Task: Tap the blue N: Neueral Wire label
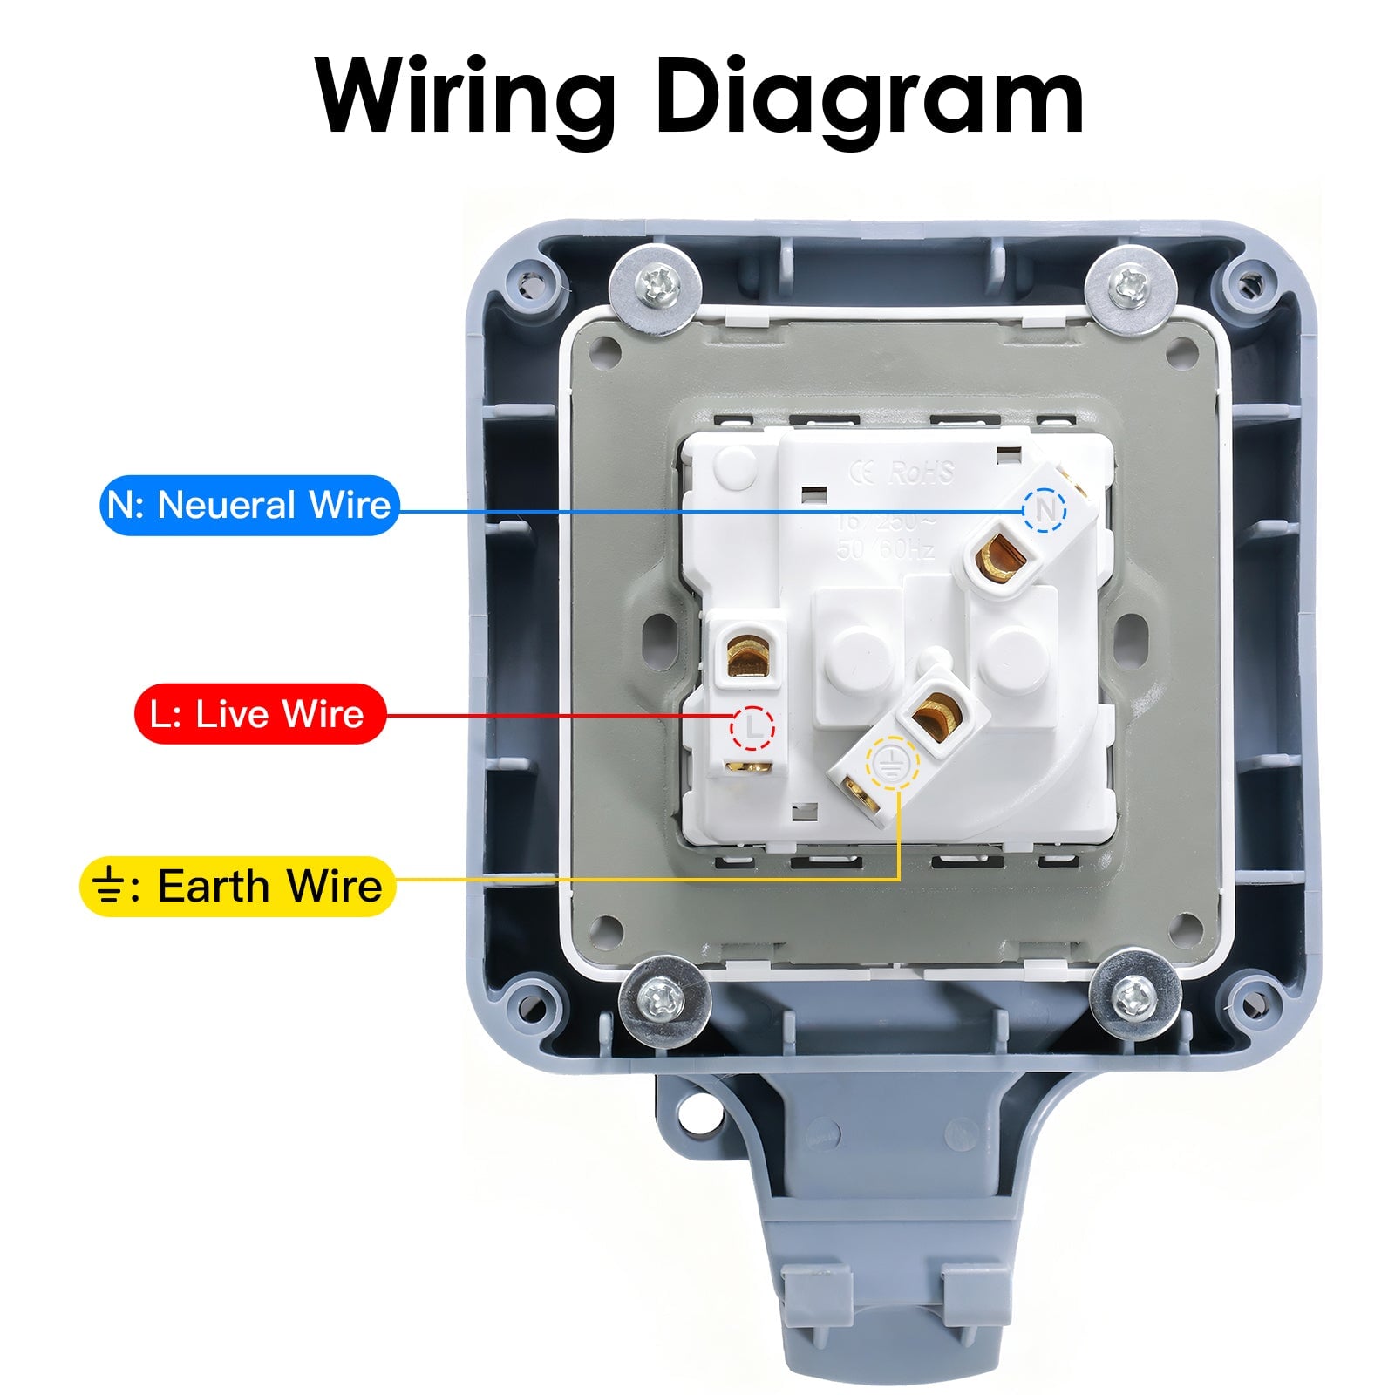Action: coord(249,505)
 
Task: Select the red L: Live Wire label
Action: coord(260,714)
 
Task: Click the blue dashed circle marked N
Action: coord(1045,509)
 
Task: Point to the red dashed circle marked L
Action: coord(752,727)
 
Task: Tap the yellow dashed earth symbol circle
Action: coord(890,760)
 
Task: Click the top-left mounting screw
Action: coord(654,288)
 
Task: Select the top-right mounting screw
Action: coord(1131,285)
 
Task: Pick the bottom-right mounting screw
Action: coord(1134,995)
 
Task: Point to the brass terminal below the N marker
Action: coord(999,558)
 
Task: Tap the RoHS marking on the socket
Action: coord(922,473)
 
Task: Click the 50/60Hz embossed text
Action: coord(885,549)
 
